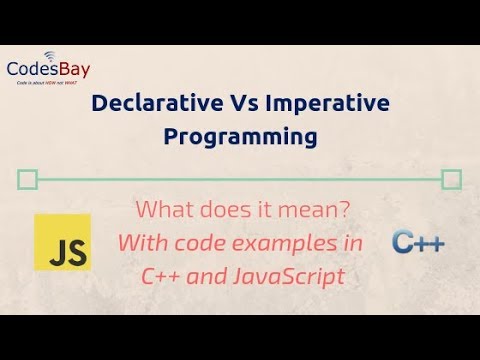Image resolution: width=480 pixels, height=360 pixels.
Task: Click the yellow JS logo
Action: (62, 242)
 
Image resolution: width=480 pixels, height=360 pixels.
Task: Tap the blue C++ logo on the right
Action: (419, 242)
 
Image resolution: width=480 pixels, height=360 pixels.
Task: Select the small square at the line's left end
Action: (28, 180)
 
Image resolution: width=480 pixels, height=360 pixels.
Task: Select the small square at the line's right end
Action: (452, 180)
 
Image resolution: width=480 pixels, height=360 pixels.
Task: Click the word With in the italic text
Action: (141, 243)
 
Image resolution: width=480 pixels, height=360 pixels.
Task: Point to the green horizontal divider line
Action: (240, 180)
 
